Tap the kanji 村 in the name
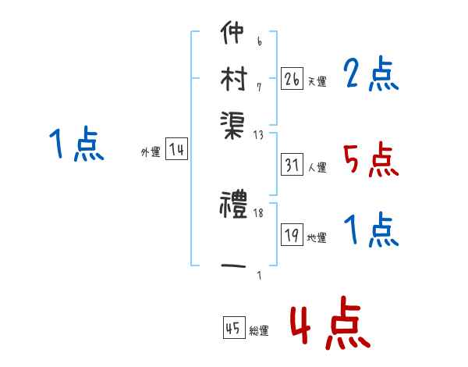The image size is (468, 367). [233, 78]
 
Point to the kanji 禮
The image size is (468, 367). [233, 207]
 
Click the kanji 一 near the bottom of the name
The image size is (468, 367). [233, 266]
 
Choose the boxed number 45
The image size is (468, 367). [233, 328]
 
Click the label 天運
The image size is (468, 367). [317, 81]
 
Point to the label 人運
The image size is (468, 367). [317, 167]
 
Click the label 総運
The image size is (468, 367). [259, 331]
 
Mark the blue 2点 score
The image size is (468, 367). [371, 75]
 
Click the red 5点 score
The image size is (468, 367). [371, 160]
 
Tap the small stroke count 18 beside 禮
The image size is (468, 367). [257, 212]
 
